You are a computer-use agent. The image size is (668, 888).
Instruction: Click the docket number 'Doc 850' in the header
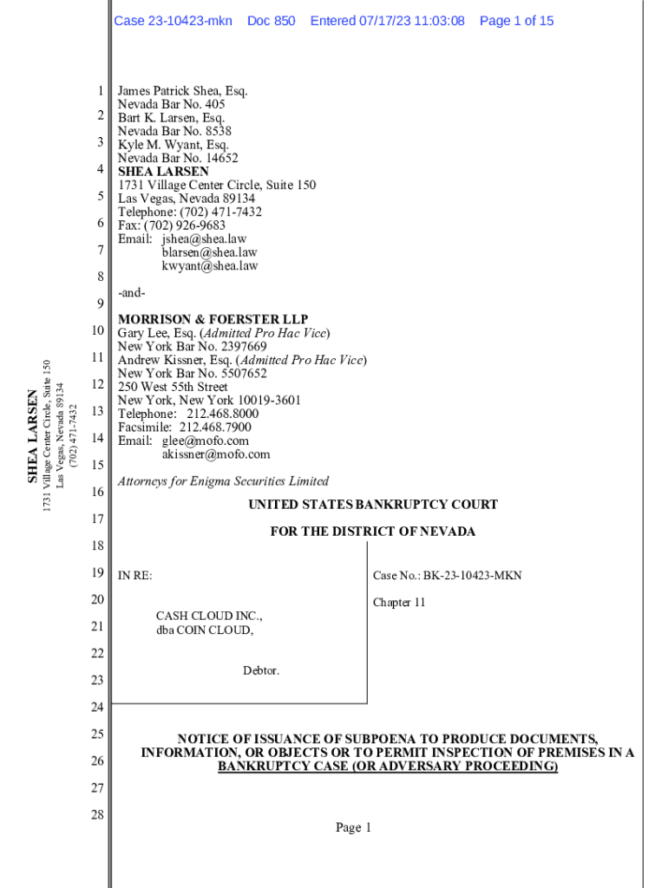click(271, 21)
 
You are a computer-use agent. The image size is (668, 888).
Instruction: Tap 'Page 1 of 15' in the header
click(516, 21)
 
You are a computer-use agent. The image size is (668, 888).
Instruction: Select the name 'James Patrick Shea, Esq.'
click(183, 91)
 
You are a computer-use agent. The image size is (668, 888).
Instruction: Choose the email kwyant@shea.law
click(209, 266)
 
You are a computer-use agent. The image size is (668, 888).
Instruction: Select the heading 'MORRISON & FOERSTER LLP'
click(213, 320)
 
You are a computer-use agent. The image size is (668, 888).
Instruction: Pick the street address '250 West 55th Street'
click(173, 387)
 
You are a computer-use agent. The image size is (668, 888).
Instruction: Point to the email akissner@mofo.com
click(215, 454)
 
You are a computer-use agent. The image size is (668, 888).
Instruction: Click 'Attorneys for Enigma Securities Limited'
click(223, 481)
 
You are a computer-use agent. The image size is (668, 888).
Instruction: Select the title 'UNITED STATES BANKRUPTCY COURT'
click(373, 505)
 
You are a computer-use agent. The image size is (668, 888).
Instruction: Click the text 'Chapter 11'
click(399, 603)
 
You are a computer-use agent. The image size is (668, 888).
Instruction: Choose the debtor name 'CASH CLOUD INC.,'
click(208, 617)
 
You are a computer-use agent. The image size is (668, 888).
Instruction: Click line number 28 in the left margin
click(97, 815)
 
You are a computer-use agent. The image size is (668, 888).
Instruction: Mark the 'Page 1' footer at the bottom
click(353, 828)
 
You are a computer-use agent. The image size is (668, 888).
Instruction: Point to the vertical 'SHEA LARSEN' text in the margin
click(33, 435)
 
